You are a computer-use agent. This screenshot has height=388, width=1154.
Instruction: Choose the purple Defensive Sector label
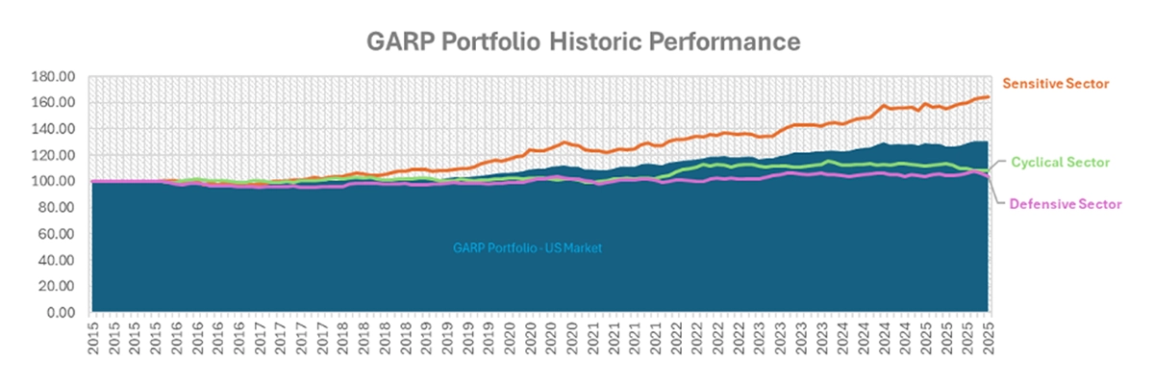(x=1064, y=204)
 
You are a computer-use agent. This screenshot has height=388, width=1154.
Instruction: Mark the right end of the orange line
(x=988, y=96)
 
